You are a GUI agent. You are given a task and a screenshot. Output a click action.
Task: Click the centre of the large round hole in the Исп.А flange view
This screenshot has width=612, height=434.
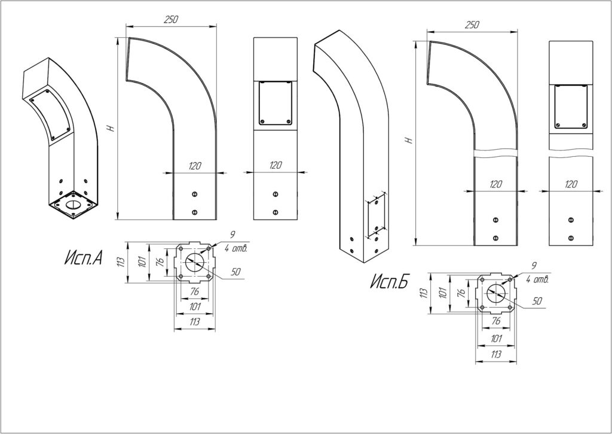pos(195,262)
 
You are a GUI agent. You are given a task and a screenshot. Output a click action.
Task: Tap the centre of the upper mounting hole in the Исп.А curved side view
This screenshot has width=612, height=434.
pos(195,195)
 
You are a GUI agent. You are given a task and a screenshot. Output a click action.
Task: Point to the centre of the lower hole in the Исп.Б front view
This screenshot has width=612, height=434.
pos(571,238)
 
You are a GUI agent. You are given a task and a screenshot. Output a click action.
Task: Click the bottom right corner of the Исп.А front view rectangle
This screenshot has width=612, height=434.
pos(298,220)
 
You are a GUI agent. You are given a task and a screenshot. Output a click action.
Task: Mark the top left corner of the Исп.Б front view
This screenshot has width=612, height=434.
pos(549,41)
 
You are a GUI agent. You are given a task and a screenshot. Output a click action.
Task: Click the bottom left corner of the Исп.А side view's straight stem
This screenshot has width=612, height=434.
pos(173,220)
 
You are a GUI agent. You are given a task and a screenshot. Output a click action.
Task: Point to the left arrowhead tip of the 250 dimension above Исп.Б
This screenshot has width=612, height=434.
pos(427,31)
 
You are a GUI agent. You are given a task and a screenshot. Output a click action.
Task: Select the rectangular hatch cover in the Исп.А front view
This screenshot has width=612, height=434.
pos(276,103)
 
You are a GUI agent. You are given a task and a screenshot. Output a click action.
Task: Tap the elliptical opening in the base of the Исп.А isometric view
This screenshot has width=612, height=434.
pos(72,205)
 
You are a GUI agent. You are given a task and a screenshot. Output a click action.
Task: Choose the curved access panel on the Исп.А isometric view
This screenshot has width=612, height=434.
pos(51,114)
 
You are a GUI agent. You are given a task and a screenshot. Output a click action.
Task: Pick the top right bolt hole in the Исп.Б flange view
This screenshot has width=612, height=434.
pos(510,280)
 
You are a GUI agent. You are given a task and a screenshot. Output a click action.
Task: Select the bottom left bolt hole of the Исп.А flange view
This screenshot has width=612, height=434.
pos(180,277)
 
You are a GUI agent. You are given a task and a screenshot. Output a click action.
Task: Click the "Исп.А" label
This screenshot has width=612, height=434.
pos(83,257)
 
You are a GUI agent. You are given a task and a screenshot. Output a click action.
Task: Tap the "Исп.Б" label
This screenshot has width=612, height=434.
pos(388,281)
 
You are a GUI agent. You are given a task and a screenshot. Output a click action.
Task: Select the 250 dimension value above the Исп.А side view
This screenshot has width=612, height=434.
pos(171,20)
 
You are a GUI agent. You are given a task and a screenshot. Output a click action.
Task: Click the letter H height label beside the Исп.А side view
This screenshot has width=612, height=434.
pos(112,128)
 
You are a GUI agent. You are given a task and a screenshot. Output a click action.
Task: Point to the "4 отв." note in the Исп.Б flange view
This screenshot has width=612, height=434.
pos(537,280)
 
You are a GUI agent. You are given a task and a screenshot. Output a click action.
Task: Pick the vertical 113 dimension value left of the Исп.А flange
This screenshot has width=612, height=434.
pos(121,262)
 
